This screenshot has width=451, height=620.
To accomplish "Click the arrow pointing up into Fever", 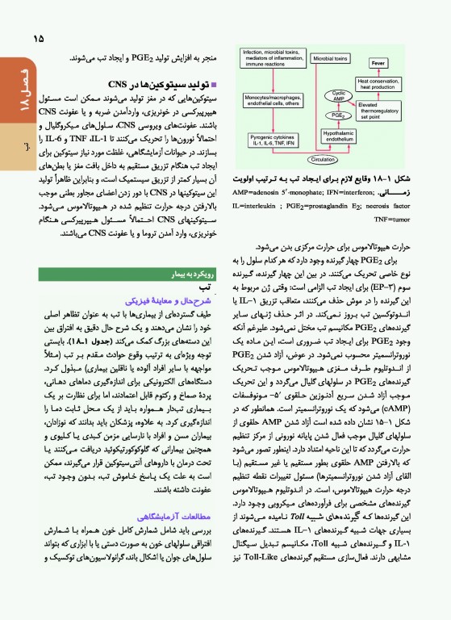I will pyautogui.click(x=378, y=71).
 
